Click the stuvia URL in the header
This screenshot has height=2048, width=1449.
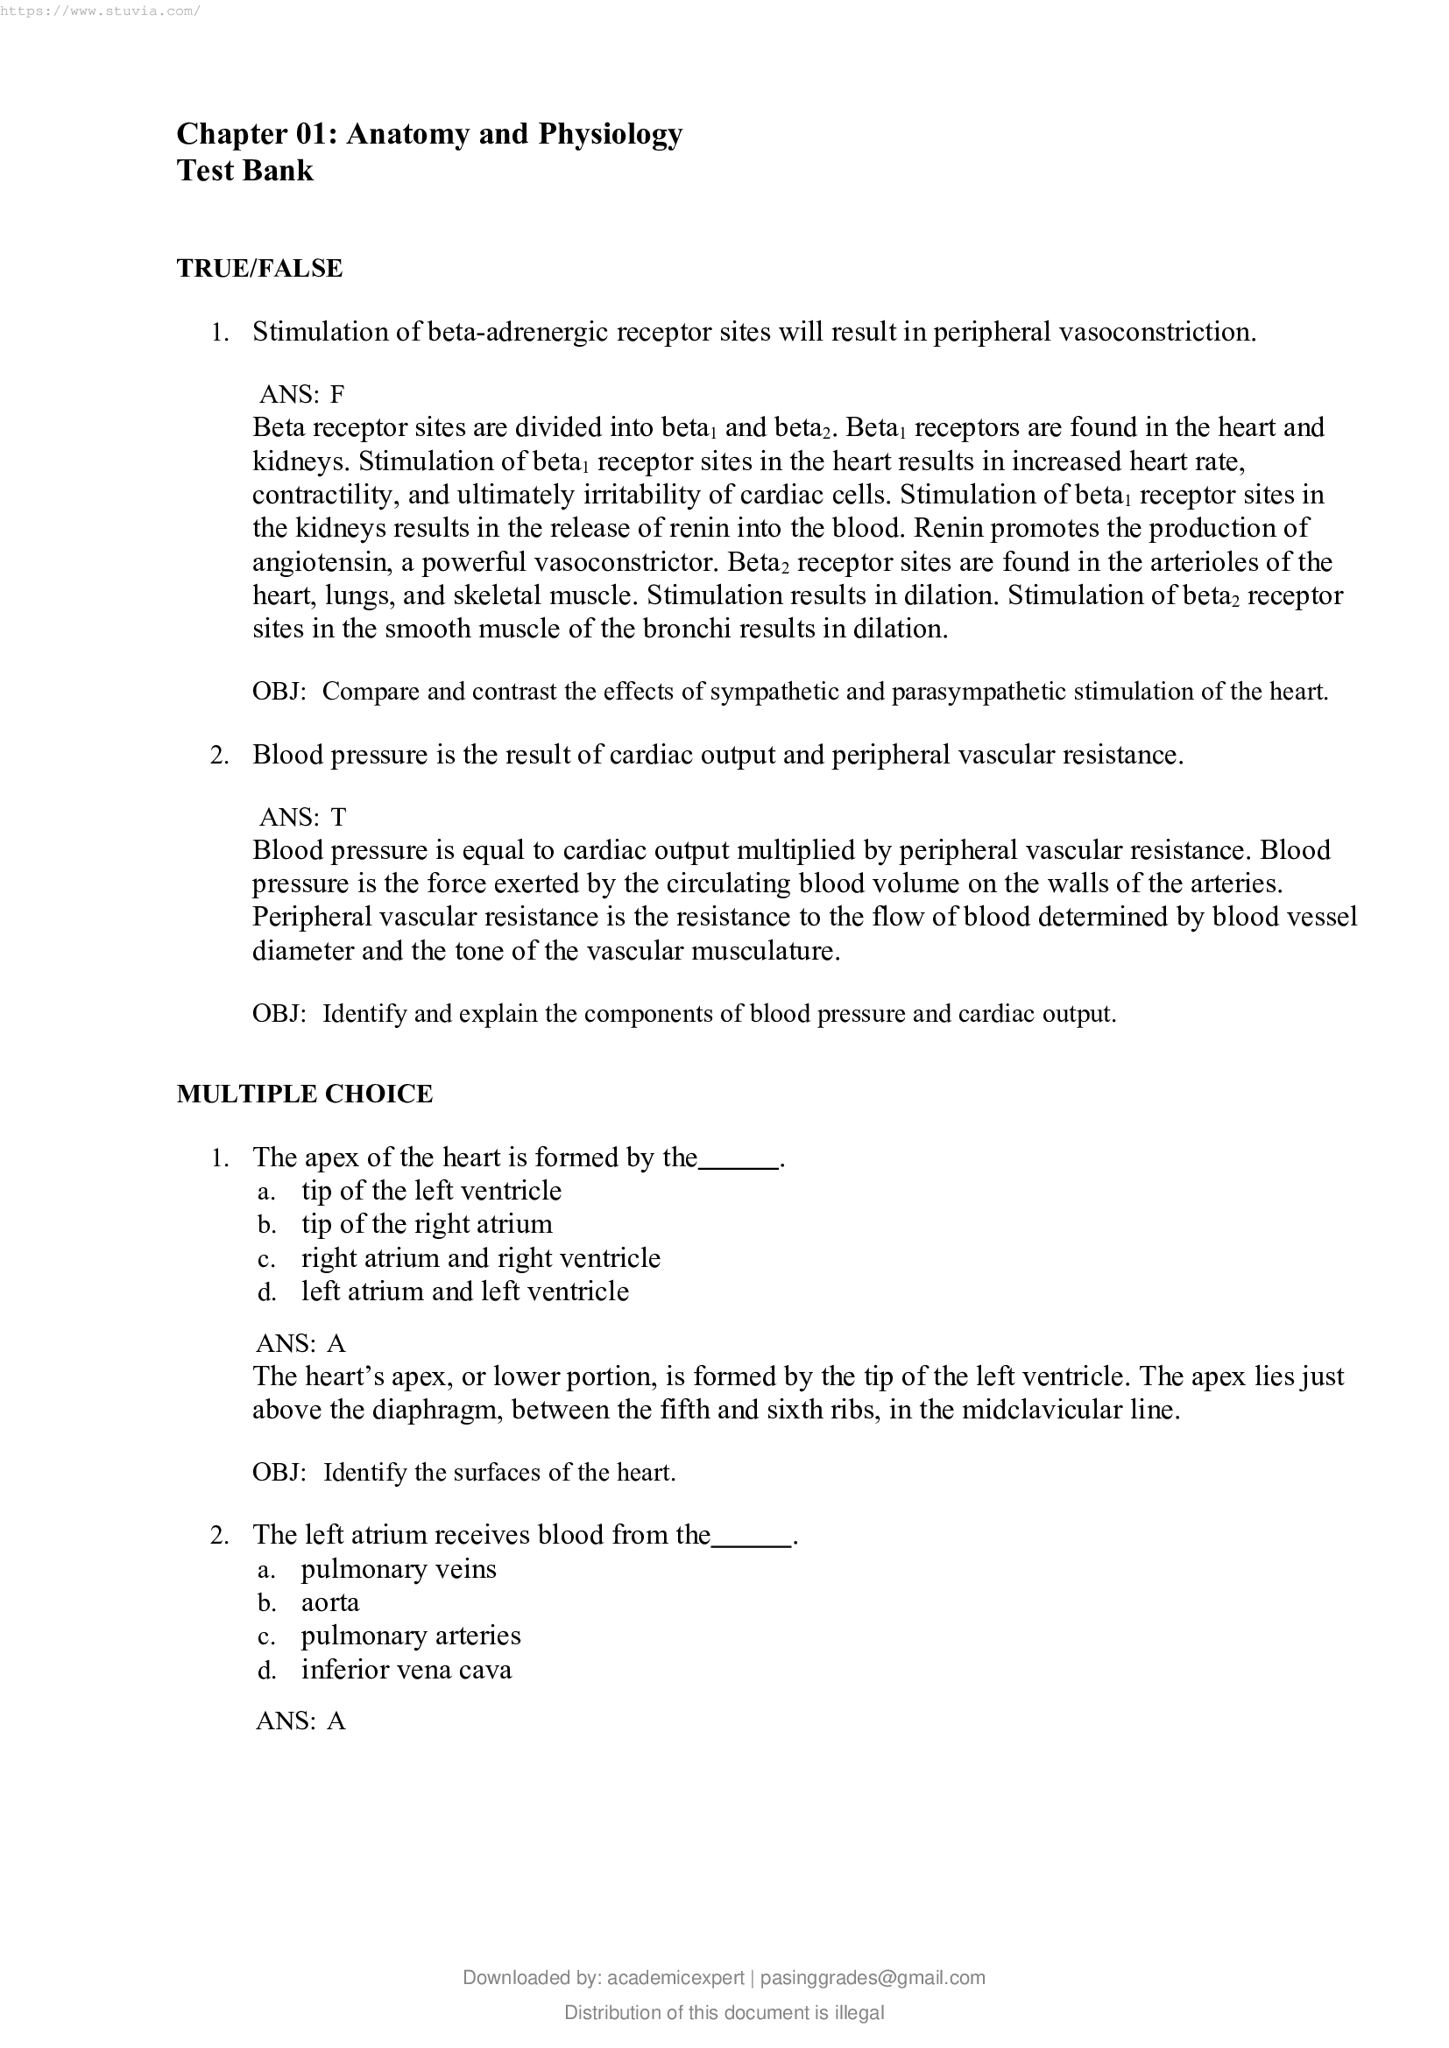pyautogui.click(x=100, y=11)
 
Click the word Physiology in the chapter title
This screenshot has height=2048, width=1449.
pyautogui.click(x=610, y=134)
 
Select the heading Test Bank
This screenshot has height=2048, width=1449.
pyautogui.click(x=244, y=171)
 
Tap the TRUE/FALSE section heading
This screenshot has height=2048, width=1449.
pyautogui.click(x=258, y=269)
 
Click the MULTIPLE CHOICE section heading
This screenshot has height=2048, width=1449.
pyautogui.click(x=304, y=1094)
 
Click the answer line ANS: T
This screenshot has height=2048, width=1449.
pyautogui.click(x=301, y=816)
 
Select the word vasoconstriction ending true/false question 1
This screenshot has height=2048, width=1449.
pyautogui.click(x=1156, y=332)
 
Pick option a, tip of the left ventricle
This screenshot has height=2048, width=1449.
pyautogui.click(x=431, y=1191)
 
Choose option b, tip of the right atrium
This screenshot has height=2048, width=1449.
pyautogui.click(x=427, y=1224)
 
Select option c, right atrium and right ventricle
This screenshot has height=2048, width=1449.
pyautogui.click(x=480, y=1257)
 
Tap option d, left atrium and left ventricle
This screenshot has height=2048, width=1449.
pyautogui.click(x=464, y=1291)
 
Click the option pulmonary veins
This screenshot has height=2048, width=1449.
pyautogui.click(x=398, y=1569)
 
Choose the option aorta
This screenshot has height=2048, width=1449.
pyautogui.click(x=330, y=1602)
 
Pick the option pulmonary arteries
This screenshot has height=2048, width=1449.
pyautogui.click(x=410, y=1636)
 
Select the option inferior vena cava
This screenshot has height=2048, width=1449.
pyautogui.click(x=406, y=1670)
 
